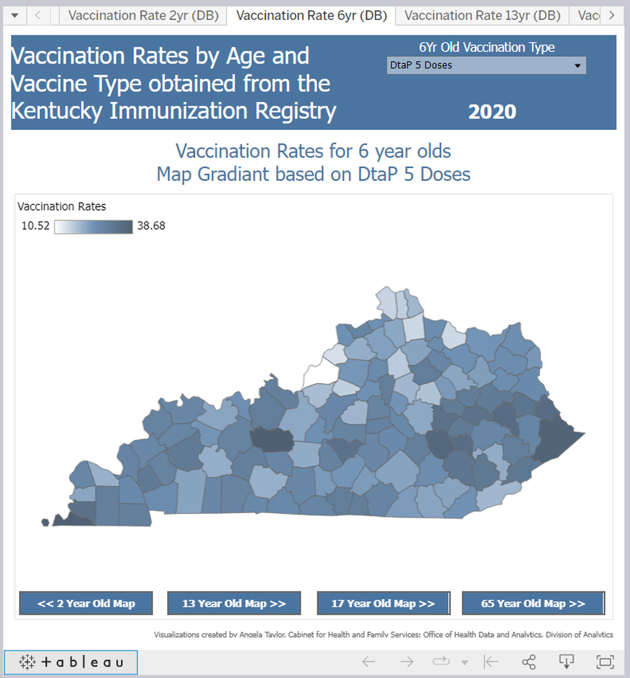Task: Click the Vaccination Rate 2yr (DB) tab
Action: tap(143, 15)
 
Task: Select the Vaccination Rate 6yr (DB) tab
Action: tap(311, 15)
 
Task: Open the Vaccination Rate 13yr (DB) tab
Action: tap(482, 15)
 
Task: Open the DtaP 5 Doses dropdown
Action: tap(486, 65)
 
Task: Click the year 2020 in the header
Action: tap(492, 112)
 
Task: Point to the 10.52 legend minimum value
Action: tap(35, 226)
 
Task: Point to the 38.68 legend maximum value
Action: tap(151, 226)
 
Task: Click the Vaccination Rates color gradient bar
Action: tap(93, 227)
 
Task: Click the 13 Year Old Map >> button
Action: tap(234, 603)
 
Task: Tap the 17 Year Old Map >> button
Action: tap(383, 603)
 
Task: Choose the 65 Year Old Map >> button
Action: tap(533, 603)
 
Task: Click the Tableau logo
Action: tap(71, 662)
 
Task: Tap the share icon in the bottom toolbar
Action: tap(528, 662)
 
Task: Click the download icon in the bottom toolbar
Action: tap(566, 662)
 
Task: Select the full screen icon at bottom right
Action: tap(605, 662)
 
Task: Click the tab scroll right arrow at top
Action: tap(611, 15)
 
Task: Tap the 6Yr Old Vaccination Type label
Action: tap(486, 48)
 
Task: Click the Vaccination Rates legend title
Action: tap(61, 207)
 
